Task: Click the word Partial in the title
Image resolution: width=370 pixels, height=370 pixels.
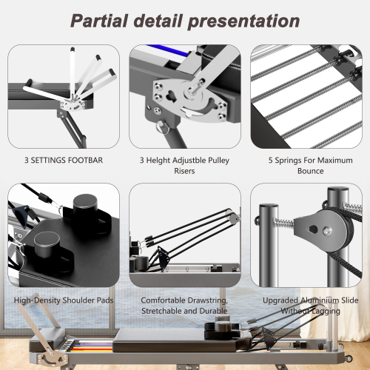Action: [x=101, y=20]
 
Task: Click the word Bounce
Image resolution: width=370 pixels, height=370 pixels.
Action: [x=309, y=171]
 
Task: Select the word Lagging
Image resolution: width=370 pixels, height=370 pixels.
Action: [x=323, y=312]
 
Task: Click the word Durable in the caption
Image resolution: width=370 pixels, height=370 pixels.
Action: [x=212, y=312]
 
